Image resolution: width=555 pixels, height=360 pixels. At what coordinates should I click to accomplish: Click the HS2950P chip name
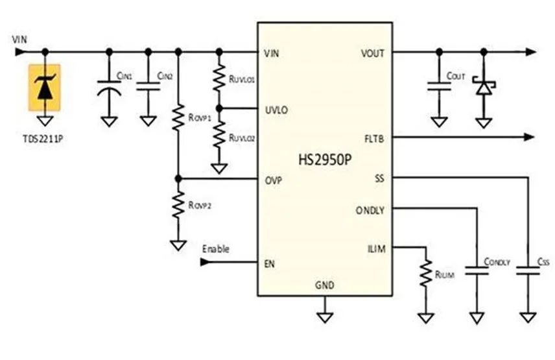(x=325, y=160)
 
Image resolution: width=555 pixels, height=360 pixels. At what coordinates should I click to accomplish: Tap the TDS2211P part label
(x=43, y=138)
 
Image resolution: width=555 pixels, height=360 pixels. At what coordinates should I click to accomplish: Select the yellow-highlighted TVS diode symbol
(x=45, y=88)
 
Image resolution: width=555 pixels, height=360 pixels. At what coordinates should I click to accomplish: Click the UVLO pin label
(x=276, y=110)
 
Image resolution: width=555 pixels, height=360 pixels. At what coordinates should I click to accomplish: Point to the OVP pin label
(x=274, y=180)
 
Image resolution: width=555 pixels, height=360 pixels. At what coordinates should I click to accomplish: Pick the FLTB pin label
(x=374, y=139)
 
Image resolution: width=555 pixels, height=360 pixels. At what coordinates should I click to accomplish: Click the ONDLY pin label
(x=370, y=211)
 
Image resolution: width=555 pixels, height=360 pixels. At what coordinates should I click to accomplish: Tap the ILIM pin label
(x=377, y=249)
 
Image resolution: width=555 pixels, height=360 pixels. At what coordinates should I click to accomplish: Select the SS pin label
(x=379, y=178)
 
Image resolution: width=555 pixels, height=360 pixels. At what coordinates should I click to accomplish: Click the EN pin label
(x=269, y=264)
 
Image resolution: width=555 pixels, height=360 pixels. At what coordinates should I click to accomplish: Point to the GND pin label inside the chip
(x=325, y=285)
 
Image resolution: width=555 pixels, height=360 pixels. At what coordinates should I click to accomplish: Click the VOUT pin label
(x=373, y=53)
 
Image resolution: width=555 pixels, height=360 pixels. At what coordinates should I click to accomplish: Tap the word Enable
(x=215, y=249)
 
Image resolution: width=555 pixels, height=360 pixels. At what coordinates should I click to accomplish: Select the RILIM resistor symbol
(x=426, y=273)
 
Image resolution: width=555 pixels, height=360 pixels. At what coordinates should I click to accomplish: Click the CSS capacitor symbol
(x=528, y=270)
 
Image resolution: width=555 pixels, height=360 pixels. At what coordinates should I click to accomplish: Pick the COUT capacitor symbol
(x=439, y=86)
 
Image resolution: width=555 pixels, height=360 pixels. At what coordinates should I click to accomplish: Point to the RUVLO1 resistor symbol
(x=219, y=78)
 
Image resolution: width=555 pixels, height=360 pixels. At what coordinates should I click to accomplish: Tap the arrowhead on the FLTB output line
(x=529, y=137)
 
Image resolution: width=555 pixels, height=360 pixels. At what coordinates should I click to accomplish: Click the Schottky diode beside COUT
(x=484, y=86)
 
